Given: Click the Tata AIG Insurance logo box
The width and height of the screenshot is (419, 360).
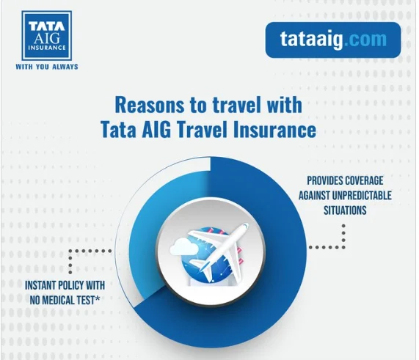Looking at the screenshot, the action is point(47,36).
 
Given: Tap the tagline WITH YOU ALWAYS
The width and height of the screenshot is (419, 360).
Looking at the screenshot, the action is point(47,67).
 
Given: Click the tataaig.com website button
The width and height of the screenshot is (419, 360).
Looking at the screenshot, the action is point(333,40).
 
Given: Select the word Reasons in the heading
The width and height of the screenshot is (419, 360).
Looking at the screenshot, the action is point(150,105).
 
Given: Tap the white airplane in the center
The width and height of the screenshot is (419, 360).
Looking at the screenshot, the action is point(218,251).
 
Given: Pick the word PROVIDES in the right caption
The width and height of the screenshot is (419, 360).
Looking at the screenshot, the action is point(323,181).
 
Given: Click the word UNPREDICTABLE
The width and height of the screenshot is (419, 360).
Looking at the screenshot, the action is point(362,196).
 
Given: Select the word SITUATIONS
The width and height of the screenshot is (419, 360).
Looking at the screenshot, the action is point(345,210).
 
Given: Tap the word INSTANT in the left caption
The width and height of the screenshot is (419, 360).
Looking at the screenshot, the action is point(40,285).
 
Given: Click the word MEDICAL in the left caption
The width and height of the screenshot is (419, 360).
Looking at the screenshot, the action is point(57,301).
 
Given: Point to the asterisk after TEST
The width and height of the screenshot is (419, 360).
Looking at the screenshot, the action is point(98,298).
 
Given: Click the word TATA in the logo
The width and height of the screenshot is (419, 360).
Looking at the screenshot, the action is point(47,26).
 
